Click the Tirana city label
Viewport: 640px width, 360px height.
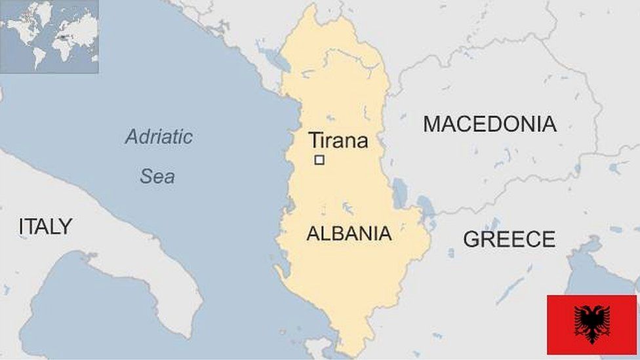pos(338,140)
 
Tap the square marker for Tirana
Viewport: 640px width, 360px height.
pos(319,159)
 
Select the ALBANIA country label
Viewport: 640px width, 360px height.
pos(349,233)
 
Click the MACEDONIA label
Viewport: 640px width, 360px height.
pos(489,124)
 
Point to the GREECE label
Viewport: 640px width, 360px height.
pos(509,239)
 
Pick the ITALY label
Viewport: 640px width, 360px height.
pos(45,227)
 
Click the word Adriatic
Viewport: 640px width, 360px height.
pos(159,137)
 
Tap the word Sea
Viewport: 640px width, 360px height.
pos(157,176)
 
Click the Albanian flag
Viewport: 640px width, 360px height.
pos(591,324)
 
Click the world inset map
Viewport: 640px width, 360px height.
pos(49,36)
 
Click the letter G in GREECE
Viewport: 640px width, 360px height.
pos(471,239)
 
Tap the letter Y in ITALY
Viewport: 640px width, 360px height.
pos(66,227)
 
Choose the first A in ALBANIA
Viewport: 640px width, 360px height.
pos(313,233)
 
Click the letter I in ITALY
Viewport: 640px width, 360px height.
pos(22,227)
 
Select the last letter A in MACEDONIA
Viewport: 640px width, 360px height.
pos(549,124)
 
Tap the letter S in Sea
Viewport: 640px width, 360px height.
pos(146,176)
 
